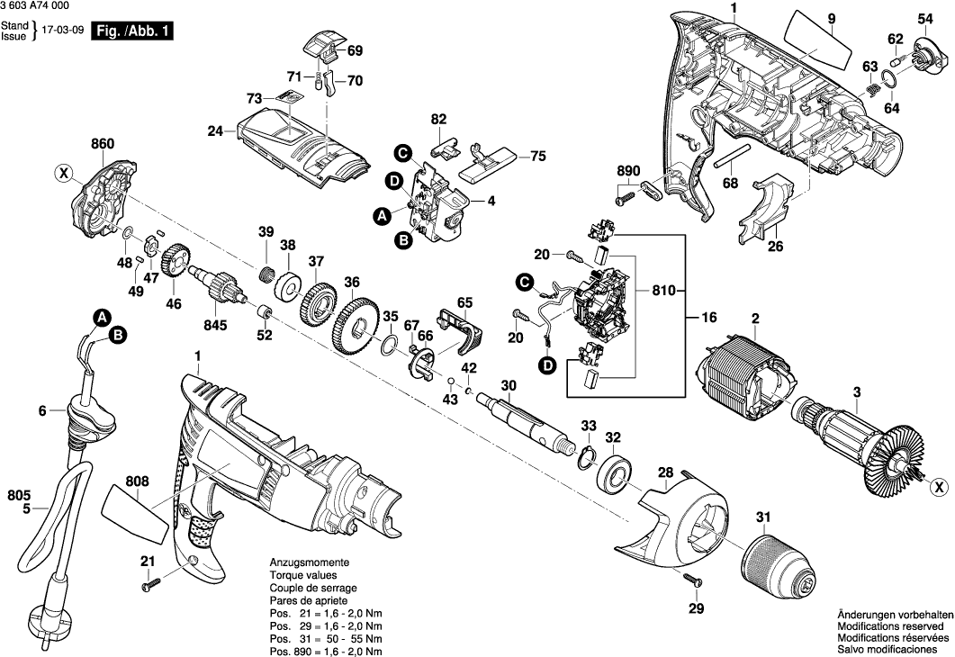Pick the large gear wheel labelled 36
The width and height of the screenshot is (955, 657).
click(358, 328)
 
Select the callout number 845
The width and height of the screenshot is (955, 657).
click(218, 326)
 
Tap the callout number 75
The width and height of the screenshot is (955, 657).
click(537, 156)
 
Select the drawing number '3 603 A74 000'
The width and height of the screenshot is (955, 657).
click(36, 6)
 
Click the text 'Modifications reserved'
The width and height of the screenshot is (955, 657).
click(890, 625)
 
